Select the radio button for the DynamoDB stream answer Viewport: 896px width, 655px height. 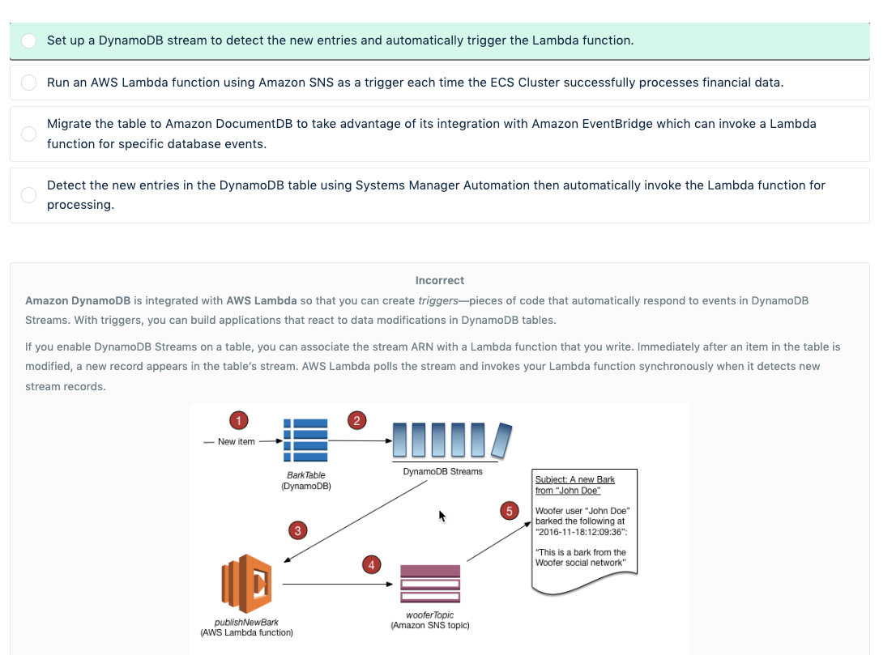[28, 40]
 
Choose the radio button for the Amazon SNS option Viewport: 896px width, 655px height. [28, 83]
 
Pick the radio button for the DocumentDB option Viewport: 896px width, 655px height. [28, 134]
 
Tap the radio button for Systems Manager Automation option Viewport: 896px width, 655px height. [28, 195]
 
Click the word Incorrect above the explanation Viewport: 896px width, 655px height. [440, 280]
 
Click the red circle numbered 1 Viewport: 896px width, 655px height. [238, 419]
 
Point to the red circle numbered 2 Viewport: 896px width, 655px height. [356, 419]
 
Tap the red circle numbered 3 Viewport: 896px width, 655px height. [298, 530]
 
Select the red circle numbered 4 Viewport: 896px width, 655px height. [371, 564]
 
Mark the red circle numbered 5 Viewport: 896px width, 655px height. [510, 511]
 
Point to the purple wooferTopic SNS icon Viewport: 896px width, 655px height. [430, 583]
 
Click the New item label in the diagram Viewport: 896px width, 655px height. [237, 441]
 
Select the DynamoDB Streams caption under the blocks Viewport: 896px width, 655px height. [442, 471]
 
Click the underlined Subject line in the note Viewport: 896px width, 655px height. [574, 485]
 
